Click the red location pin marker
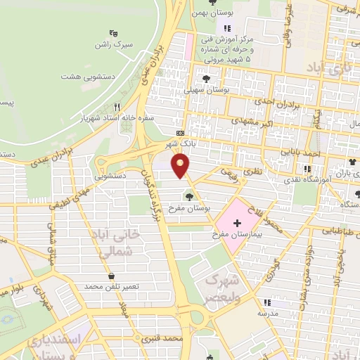pyautogui.click(x=181, y=166)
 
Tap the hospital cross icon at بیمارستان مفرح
pyautogui.click(x=236, y=224)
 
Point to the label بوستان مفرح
pyautogui.click(x=192, y=209)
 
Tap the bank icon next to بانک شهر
pyautogui.click(x=180, y=133)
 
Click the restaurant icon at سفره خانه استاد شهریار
pyautogui.click(x=117, y=107)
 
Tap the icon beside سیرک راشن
pyautogui.click(x=113, y=32)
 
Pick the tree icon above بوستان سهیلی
pyautogui.click(x=207, y=78)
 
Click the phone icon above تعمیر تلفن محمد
pyautogui.click(x=111, y=277)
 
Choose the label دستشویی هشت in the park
pyautogui.click(x=89, y=76)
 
